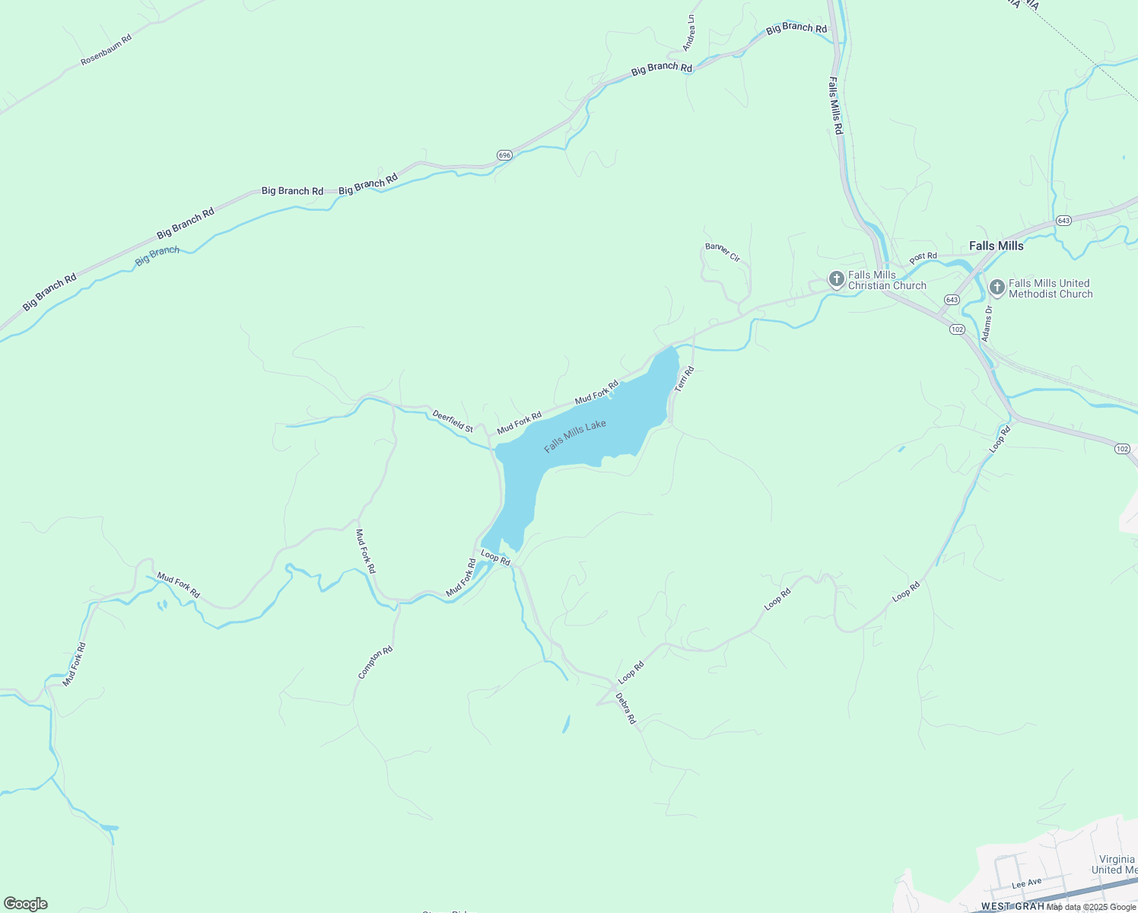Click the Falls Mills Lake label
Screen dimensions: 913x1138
tap(575, 436)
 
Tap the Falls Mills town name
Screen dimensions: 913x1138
tap(996, 246)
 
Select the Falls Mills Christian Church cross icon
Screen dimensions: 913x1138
tap(836, 279)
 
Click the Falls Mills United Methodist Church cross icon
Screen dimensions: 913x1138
tap(997, 288)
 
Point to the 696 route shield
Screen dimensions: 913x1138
tap(504, 155)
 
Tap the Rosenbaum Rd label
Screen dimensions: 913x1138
tap(106, 49)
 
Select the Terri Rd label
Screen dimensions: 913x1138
tap(685, 379)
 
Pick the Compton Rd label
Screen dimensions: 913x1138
tap(375, 662)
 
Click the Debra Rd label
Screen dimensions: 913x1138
tap(625, 708)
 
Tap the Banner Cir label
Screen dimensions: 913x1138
tap(723, 252)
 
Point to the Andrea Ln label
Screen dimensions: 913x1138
tap(689, 33)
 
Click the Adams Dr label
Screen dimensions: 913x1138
tap(987, 323)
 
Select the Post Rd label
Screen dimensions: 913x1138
tap(923, 256)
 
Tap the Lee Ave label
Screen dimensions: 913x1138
tap(1026, 883)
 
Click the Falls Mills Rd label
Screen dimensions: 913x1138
tap(835, 107)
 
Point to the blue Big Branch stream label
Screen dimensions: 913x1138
tap(157, 256)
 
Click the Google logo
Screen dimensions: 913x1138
tap(26, 904)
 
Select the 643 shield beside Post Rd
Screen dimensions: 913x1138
tap(1063, 221)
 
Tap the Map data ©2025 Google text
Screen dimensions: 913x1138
tap(1091, 906)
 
